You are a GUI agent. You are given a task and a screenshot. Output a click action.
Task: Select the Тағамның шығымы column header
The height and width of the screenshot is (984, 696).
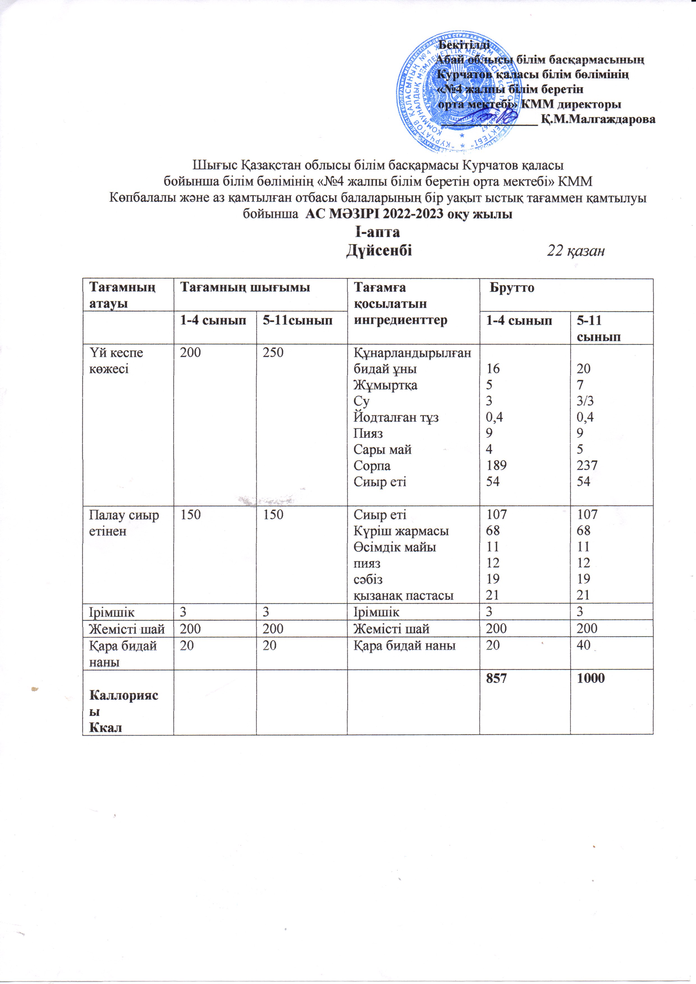[244, 287]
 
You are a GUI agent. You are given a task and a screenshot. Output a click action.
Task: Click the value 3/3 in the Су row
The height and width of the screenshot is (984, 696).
[585, 401]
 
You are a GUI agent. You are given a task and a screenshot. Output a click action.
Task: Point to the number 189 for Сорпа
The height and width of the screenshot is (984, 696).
[496, 466]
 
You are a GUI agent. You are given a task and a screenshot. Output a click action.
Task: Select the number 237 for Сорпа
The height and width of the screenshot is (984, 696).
[587, 466]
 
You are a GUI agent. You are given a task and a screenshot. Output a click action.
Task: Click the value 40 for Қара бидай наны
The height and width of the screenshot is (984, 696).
[584, 645]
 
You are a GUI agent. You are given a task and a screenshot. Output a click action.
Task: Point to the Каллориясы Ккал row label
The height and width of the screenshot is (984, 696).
[123, 711]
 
